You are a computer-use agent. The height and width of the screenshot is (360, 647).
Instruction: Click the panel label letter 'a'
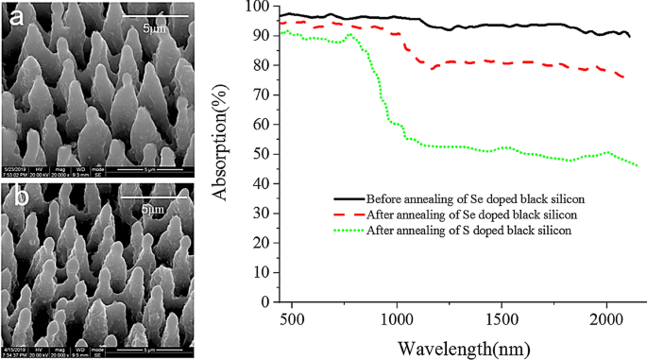[16, 17]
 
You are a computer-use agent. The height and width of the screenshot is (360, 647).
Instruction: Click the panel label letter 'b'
[16, 197]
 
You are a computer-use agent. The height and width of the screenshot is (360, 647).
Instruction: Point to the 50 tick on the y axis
[255, 154]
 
